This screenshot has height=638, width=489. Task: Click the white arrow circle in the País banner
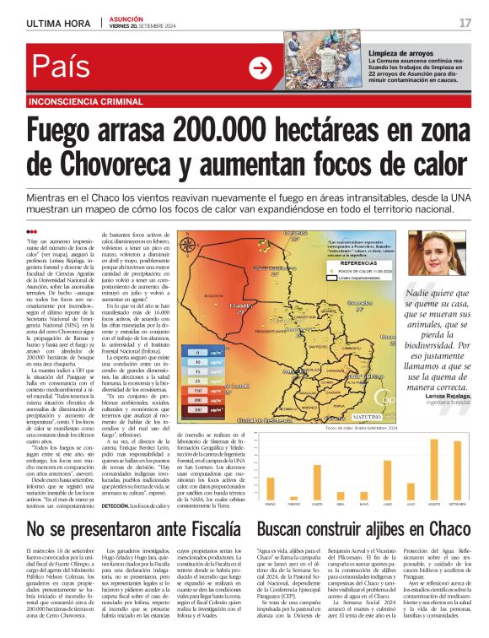pyautogui.click(x=261, y=69)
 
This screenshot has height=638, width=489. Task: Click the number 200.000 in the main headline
pyautogui.click(x=222, y=132)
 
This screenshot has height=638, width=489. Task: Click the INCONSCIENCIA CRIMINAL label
pyautogui.click(x=80, y=100)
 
